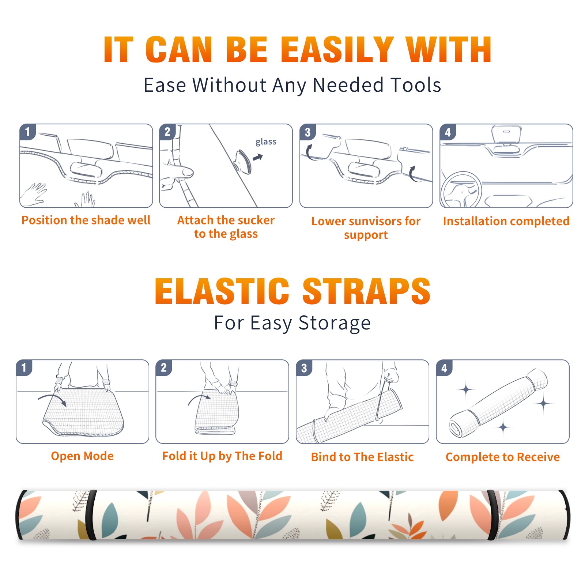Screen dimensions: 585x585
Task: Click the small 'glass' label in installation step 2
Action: (x=266, y=142)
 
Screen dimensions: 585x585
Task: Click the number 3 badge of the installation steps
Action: (x=307, y=132)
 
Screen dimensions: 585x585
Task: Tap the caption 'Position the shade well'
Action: (x=86, y=220)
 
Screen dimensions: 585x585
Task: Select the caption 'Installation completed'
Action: (x=506, y=221)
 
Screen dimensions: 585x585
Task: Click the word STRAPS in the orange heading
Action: (x=366, y=291)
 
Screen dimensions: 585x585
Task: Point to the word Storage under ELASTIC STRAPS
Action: (x=335, y=323)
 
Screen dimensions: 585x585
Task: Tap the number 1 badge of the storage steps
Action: (x=24, y=367)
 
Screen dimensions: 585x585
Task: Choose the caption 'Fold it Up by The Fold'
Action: (x=222, y=456)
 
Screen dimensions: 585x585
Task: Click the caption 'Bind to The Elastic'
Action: (x=362, y=457)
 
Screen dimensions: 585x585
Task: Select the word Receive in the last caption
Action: (x=538, y=457)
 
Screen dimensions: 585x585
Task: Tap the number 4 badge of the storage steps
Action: (x=444, y=368)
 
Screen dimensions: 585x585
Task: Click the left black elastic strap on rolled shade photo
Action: (x=91, y=515)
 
